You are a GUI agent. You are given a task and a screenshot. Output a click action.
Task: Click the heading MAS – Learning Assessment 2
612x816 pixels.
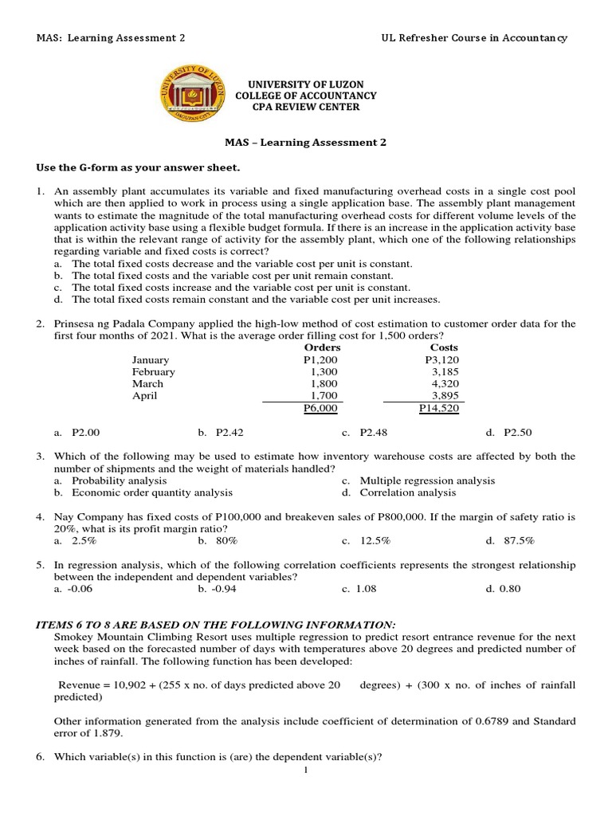[x=305, y=143]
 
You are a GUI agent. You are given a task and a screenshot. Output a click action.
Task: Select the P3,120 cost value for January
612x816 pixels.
[x=442, y=359]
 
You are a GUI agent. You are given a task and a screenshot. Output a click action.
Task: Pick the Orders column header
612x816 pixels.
[x=322, y=347]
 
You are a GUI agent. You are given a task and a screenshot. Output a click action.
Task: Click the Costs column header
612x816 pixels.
[x=444, y=347]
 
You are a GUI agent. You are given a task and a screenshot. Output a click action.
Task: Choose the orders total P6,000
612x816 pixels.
[x=320, y=408]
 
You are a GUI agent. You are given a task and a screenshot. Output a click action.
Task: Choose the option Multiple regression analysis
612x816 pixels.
[x=426, y=481]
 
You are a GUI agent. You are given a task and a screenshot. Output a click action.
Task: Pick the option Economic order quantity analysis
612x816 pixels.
[x=151, y=492]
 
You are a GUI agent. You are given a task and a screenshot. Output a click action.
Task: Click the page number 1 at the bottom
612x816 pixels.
[x=306, y=770]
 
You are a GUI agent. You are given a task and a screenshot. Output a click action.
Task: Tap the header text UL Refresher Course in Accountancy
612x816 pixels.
[x=475, y=39]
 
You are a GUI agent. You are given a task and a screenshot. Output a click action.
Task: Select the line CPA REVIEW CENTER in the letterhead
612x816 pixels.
[x=306, y=107]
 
